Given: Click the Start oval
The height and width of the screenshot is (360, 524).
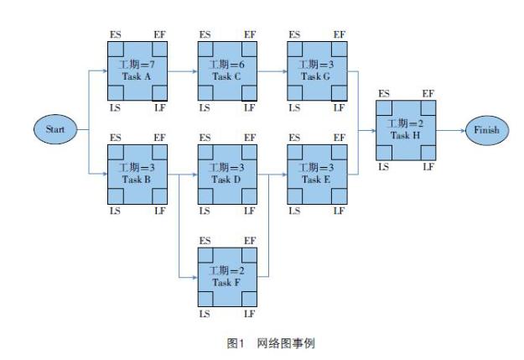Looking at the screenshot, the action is (55, 129).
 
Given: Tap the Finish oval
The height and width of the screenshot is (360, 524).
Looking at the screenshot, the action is (487, 130).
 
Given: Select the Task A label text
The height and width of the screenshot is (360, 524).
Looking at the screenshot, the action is (137, 76).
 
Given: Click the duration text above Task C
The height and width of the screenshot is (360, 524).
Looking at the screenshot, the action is (227, 65).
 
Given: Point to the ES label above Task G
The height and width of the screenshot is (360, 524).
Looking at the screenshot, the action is (294, 34).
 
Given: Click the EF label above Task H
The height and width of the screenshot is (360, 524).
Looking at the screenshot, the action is (428, 94).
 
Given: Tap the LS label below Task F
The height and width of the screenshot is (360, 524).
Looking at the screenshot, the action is (205, 314).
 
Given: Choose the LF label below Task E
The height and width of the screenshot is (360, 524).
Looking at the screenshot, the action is (339, 211).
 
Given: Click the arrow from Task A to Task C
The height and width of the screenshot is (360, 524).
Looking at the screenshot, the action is (183, 71).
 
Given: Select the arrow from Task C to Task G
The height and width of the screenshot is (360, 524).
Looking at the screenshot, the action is (272, 71).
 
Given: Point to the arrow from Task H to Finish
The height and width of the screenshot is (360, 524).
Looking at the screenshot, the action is (451, 130).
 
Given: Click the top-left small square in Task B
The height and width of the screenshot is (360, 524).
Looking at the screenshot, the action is (116, 152).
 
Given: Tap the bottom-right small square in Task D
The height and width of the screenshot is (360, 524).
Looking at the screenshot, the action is (249, 196).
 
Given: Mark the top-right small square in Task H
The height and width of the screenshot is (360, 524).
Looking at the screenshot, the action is (428, 108).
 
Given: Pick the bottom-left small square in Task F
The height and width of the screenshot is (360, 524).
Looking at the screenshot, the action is (205, 299).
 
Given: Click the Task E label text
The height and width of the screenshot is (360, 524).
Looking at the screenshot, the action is (316, 180).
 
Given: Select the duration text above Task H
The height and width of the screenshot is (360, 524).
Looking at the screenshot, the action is (405, 123).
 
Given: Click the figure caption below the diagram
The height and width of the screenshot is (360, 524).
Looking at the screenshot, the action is (271, 343).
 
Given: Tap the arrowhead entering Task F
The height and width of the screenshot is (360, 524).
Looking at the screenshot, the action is (195, 278).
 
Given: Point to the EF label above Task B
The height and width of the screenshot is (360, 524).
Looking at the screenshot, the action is (160, 138).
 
